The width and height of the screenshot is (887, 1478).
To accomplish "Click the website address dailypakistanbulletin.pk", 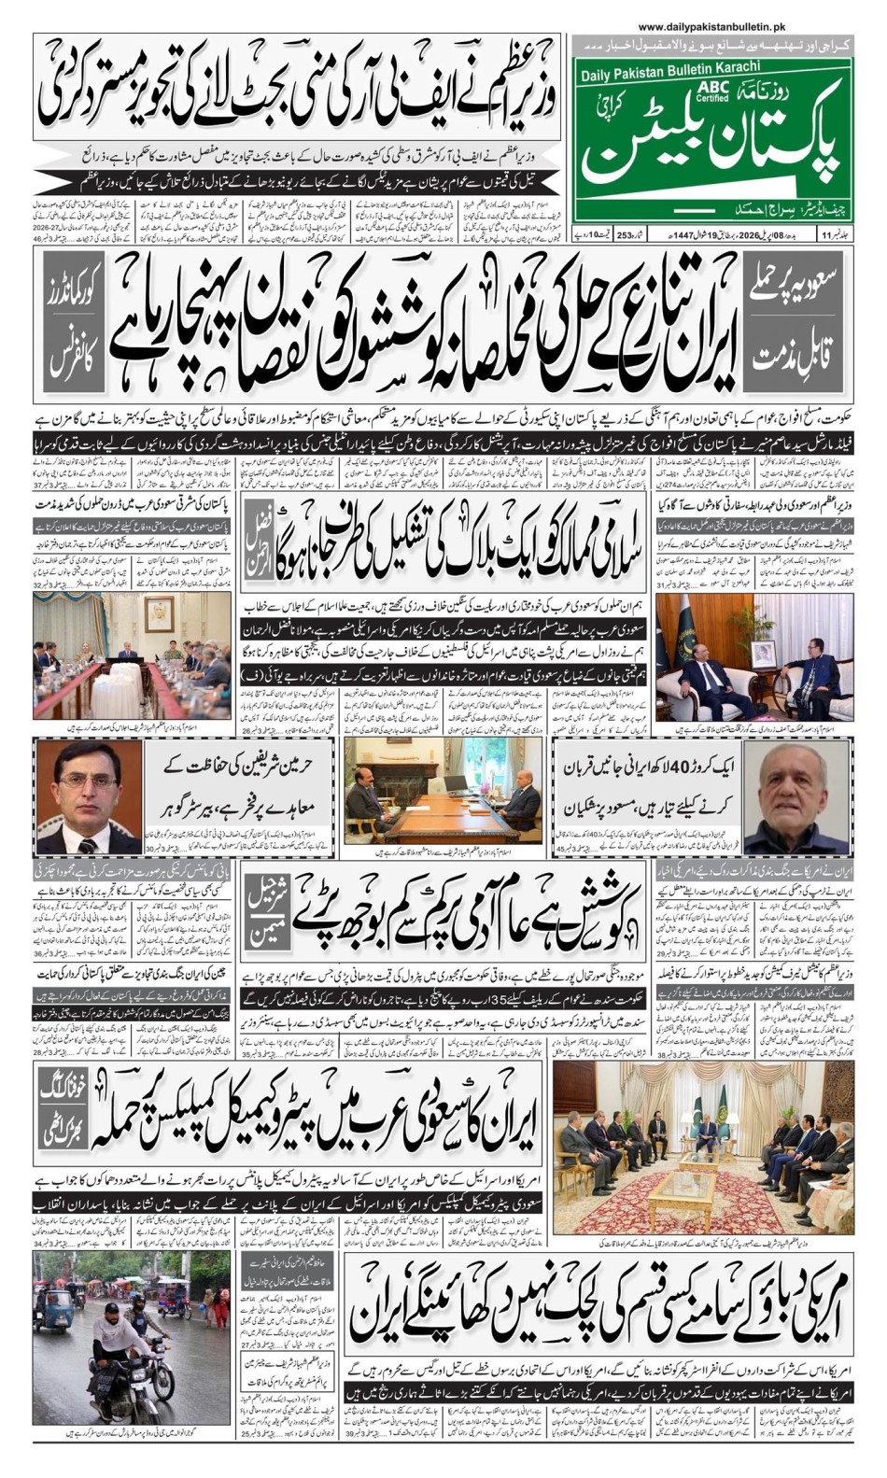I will click(711, 28).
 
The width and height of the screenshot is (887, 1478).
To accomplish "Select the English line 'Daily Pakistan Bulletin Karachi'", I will click(669, 66).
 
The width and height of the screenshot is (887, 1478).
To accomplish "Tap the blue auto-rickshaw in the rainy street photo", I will click(55, 1307).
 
